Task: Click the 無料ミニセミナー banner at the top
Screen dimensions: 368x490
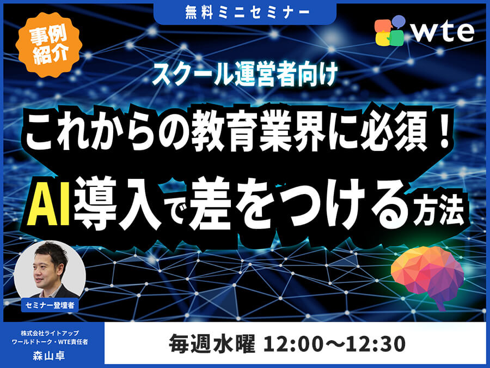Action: (x=244, y=11)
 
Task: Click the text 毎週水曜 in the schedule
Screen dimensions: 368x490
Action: (x=213, y=344)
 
